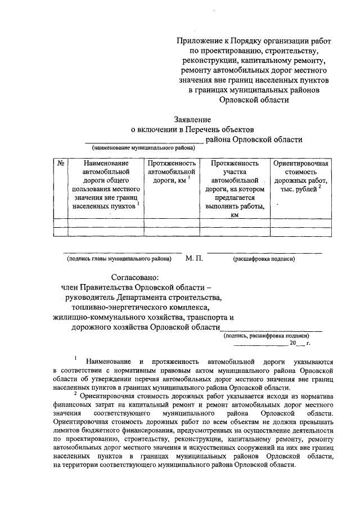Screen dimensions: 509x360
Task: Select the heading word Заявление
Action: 192,120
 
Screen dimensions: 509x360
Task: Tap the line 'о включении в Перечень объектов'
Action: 193,129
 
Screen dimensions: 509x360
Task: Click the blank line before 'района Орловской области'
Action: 144,141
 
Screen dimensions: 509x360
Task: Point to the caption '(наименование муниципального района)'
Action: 143,148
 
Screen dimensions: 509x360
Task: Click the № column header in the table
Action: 60,163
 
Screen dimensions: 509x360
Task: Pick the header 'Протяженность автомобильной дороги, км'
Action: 172,172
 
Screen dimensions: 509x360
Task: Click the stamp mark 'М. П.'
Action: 193,259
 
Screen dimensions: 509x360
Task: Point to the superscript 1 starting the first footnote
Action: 75,358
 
